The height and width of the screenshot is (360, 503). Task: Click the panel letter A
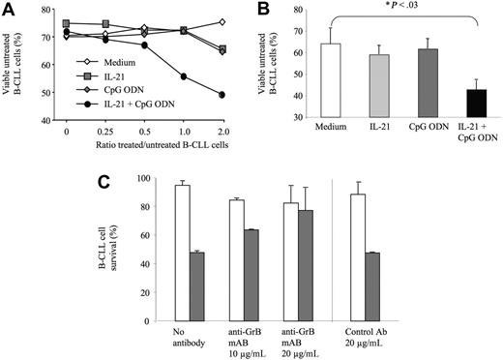tap(9, 9)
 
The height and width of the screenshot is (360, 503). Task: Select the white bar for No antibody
tap(181, 252)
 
